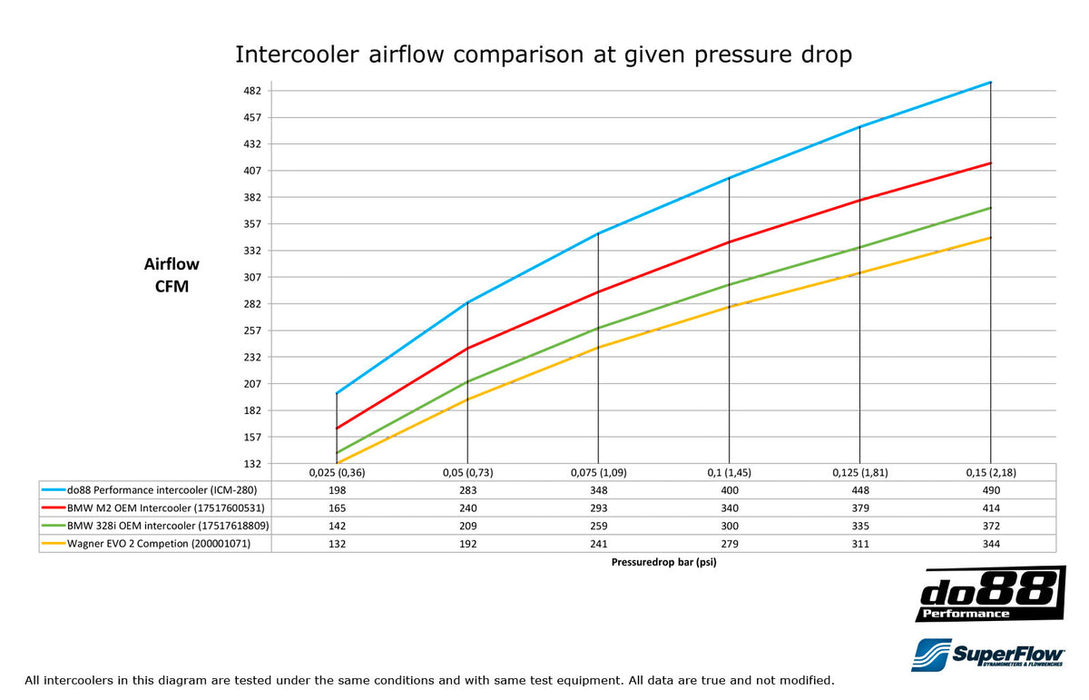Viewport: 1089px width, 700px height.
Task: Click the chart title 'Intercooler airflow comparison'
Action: pyautogui.click(x=544, y=54)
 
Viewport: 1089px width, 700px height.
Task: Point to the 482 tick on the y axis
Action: pyautogui.click(x=252, y=91)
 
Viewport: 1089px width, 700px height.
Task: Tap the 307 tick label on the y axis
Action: pyautogui.click(x=252, y=277)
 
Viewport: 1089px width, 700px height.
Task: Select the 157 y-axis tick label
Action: pyautogui.click(x=252, y=437)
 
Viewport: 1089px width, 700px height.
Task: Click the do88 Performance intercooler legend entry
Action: pyautogui.click(x=155, y=490)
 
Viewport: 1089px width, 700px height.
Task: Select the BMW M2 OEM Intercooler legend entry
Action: pyautogui.click(x=155, y=508)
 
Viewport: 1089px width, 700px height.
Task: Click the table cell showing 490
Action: pyautogui.click(x=990, y=490)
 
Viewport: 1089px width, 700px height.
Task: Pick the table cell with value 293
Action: pyautogui.click(x=598, y=508)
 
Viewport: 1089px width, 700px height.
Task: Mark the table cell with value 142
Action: pyautogui.click(x=337, y=526)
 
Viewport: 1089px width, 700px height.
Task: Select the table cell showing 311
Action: pyautogui.click(x=859, y=543)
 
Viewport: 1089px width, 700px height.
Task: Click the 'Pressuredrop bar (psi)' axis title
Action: pyautogui.click(x=664, y=562)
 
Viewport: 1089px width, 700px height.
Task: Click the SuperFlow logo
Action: pyautogui.click(x=988, y=654)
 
